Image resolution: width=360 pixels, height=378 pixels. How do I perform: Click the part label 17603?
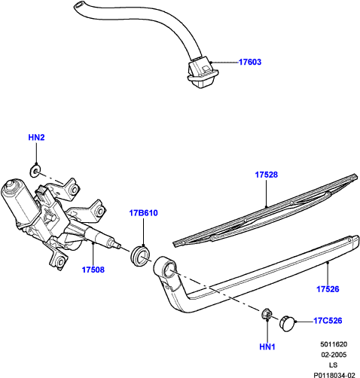[x=250, y=62]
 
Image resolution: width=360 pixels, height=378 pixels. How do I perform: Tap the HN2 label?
[x=36, y=137]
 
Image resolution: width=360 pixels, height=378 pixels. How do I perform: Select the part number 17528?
[x=267, y=175]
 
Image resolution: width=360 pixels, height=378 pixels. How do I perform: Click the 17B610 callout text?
[x=143, y=213]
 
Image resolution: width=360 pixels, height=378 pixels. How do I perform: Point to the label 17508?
[x=93, y=270]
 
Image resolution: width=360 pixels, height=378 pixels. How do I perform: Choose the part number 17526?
[x=328, y=289]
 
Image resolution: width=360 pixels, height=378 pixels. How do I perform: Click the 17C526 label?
[x=328, y=321]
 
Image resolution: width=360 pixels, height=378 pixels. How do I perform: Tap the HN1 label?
[x=267, y=346]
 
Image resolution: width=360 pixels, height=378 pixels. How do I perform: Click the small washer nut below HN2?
[x=35, y=171]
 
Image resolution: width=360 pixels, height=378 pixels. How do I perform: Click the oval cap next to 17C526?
[x=286, y=324]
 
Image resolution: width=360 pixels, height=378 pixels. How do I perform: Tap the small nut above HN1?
[x=267, y=314]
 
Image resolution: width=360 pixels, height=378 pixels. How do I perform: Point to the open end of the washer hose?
[x=78, y=5]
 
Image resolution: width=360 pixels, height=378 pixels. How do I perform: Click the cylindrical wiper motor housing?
[x=17, y=200]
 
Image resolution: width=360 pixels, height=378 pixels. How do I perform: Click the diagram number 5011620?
[x=334, y=344]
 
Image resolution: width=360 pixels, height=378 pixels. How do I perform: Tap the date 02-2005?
[x=334, y=355]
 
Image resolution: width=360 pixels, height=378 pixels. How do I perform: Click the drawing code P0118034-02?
[x=334, y=375]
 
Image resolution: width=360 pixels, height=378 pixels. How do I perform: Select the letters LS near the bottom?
[x=334, y=365]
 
